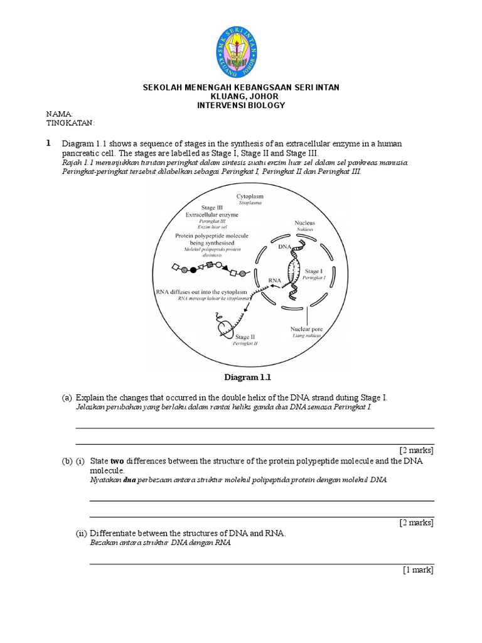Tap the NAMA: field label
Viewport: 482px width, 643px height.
[60, 114]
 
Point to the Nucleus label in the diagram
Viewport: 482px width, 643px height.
[304, 223]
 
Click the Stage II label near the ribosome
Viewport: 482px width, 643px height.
[245, 337]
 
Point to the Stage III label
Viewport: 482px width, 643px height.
[212, 207]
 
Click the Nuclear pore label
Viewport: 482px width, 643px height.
[306, 328]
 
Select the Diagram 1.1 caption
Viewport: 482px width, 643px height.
[245, 377]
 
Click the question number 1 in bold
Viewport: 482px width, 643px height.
[48, 144]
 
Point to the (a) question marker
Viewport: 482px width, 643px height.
[67, 398]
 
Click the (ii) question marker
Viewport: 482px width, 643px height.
[82, 534]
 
